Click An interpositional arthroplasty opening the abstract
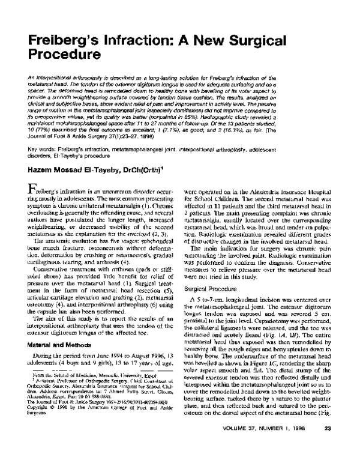56,77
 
